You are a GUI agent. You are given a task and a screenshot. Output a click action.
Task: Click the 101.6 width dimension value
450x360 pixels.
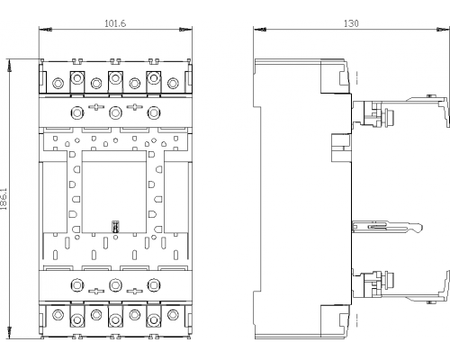click(115, 23)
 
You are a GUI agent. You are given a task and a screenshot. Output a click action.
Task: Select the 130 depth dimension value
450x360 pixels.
click(351, 23)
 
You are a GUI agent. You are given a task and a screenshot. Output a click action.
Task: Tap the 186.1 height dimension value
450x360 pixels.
click(4, 199)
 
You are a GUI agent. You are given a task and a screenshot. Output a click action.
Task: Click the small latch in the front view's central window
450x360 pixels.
click(115, 227)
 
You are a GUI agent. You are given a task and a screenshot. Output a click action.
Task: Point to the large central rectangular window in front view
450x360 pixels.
click(114, 192)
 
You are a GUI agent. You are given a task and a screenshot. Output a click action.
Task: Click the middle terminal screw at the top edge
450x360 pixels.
click(115, 78)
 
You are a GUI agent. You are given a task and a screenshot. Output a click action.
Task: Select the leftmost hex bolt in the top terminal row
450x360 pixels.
click(58, 83)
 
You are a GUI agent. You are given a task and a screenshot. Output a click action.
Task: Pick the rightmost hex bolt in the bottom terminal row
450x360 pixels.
click(173, 315)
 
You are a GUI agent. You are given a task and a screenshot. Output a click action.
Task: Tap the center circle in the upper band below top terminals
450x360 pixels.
click(115, 112)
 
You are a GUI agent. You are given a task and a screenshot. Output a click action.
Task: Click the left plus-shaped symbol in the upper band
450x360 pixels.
click(96, 107)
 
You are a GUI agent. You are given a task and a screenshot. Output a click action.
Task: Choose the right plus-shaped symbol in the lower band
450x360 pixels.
click(135, 291)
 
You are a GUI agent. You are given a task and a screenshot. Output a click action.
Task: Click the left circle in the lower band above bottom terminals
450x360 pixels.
click(77, 284)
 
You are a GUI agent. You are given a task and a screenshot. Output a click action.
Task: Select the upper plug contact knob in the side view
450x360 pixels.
click(390, 115)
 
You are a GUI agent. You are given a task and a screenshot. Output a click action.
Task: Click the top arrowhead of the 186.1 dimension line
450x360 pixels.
click(9, 65)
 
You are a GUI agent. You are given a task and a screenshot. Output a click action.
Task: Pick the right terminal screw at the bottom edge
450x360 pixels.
click(154, 319)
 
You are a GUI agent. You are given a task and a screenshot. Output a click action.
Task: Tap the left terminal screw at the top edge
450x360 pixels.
click(77, 78)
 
